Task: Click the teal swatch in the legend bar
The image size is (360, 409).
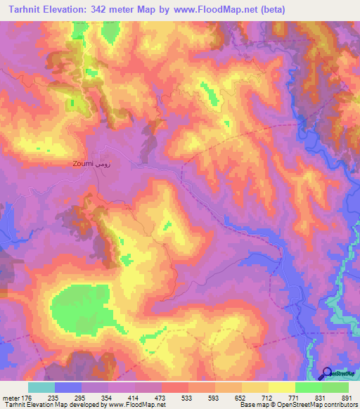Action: pos(41,387)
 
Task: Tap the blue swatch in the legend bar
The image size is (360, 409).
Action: pos(68,387)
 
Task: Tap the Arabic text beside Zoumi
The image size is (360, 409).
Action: pos(103,164)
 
